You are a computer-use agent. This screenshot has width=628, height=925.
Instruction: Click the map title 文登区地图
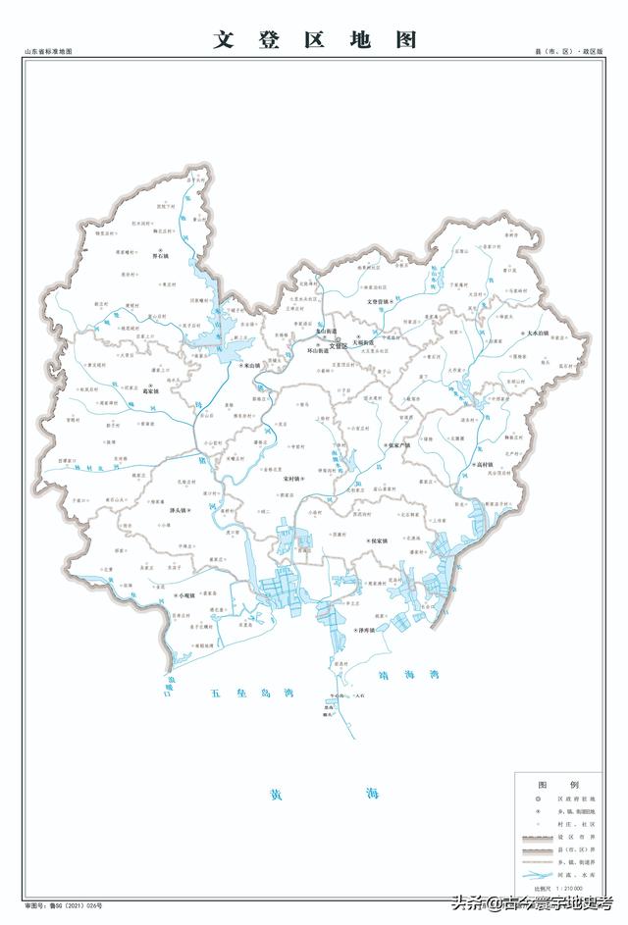315,39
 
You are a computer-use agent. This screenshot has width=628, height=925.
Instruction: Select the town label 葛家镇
150,389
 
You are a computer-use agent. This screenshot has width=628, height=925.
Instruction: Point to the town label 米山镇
252,365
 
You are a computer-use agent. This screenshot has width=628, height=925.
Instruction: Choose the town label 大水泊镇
539,334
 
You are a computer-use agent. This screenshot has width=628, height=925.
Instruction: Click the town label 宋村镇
292,479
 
